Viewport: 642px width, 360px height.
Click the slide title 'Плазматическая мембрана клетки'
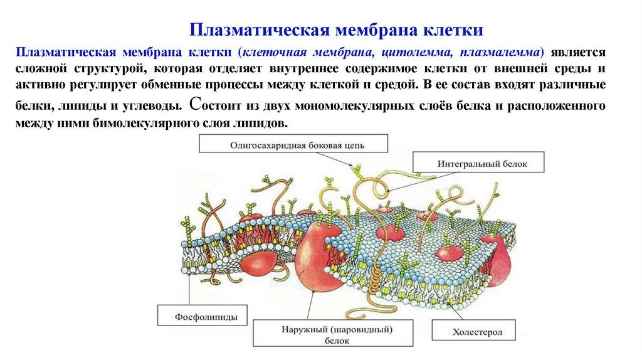(x=336, y=29)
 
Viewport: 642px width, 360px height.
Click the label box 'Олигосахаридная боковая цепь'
(x=297, y=145)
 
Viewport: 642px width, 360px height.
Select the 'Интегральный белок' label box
(x=481, y=163)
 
